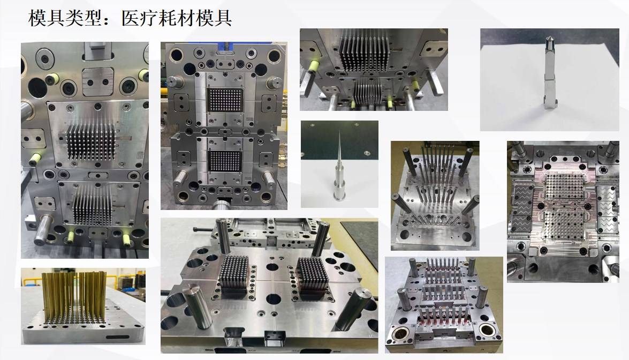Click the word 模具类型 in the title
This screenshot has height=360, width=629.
coord(64,18)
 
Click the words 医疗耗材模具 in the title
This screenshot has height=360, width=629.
coord(177,18)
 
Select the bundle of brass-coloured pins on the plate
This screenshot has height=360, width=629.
coord(74,297)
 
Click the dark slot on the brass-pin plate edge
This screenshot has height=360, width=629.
coord(118,337)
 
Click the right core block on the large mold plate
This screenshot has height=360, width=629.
coord(313,277)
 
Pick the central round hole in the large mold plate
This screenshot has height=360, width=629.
coord(274,298)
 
